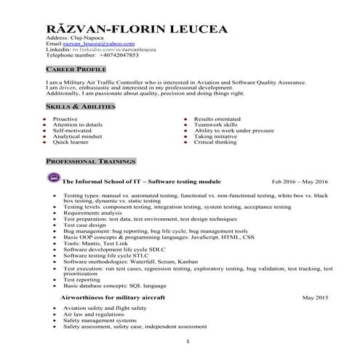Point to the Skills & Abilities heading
click(x=80, y=107)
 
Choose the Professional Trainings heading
click(x=90, y=160)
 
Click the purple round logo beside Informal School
click(x=53, y=178)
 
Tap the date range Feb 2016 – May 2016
click(x=300, y=180)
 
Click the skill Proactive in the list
click(x=65, y=119)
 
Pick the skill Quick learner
click(x=71, y=142)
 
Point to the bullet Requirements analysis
click(x=92, y=213)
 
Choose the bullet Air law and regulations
click(x=91, y=314)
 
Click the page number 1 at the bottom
click(x=188, y=342)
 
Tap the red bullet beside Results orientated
click(x=185, y=119)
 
